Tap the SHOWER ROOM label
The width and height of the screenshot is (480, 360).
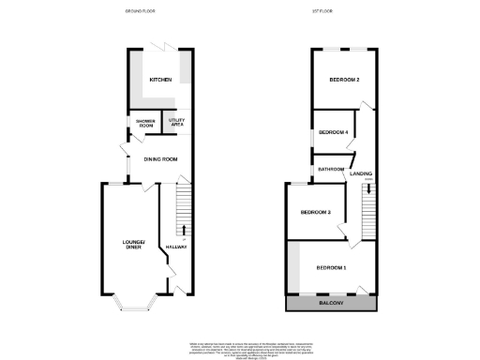tap(145, 123)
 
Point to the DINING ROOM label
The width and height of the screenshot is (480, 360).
tap(160, 159)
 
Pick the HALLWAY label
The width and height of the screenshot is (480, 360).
tap(176, 247)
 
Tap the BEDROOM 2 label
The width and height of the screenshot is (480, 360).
tap(344, 81)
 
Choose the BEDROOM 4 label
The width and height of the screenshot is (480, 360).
tap(333, 132)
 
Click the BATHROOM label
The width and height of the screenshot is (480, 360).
tap(331, 169)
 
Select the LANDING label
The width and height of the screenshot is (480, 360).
tap(361, 174)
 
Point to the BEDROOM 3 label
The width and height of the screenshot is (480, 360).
tap(316, 213)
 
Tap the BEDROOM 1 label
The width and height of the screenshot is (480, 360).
tap(331, 268)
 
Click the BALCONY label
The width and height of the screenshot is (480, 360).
tap(332, 305)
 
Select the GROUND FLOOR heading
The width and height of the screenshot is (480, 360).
tap(141, 11)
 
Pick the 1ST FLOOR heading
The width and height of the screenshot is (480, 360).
tap(323, 11)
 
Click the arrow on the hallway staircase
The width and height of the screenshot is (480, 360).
tap(183, 229)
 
